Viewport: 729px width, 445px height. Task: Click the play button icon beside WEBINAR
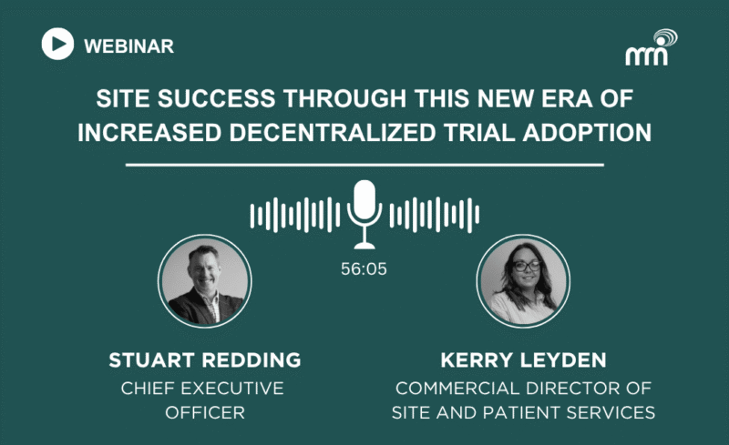pos(57,44)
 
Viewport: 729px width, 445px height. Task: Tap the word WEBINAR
pos(128,46)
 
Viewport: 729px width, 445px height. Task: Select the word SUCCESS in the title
pos(216,98)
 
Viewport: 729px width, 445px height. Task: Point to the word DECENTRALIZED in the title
pos(333,132)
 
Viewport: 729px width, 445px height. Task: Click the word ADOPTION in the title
pos(587,132)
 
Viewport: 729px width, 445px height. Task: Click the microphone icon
pos(364,214)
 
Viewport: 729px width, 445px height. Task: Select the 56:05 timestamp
pos(364,269)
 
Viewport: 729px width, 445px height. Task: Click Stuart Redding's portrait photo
pos(204,281)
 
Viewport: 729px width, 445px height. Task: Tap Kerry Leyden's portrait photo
pos(523,281)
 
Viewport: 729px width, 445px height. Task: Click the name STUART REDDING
pos(204,360)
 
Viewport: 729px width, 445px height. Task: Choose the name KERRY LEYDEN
pos(523,360)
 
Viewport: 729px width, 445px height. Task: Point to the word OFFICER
pos(205,412)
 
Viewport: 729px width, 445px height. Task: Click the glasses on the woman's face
pos(527,266)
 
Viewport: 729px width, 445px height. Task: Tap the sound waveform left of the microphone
pos(295,215)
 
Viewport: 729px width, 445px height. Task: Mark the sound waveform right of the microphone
pos(435,215)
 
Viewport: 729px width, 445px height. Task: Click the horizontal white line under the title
pos(364,165)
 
